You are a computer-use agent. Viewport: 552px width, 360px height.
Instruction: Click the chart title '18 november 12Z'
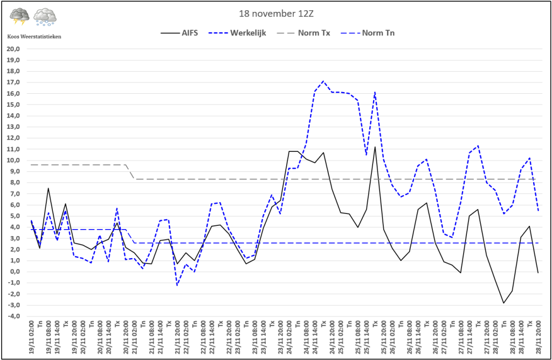click(x=276, y=12)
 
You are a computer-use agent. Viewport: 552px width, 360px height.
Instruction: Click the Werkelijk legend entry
click(x=249, y=33)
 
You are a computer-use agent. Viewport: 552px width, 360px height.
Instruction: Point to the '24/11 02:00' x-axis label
click(x=289, y=337)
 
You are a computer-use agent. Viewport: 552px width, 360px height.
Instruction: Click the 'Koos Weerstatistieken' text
click(x=34, y=36)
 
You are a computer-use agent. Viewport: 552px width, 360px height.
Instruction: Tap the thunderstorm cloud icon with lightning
click(x=19, y=16)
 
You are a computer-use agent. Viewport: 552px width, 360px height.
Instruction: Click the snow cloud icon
click(x=45, y=17)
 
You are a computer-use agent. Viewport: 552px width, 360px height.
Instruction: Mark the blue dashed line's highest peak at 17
click(x=323, y=81)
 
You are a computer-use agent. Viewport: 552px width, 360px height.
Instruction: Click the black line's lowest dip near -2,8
click(x=503, y=303)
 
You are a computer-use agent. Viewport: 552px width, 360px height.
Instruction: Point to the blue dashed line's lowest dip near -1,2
click(x=177, y=285)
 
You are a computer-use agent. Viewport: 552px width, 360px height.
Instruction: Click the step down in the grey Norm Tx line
click(x=130, y=172)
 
